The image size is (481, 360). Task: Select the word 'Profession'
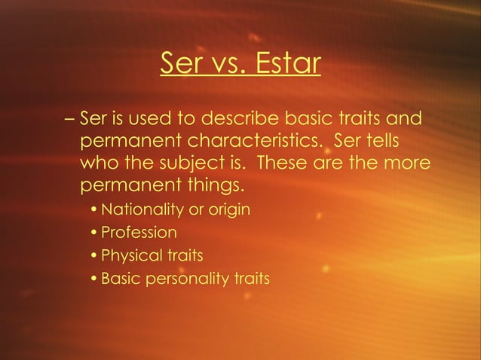click(139, 232)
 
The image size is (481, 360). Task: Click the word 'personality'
click(195, 279)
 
